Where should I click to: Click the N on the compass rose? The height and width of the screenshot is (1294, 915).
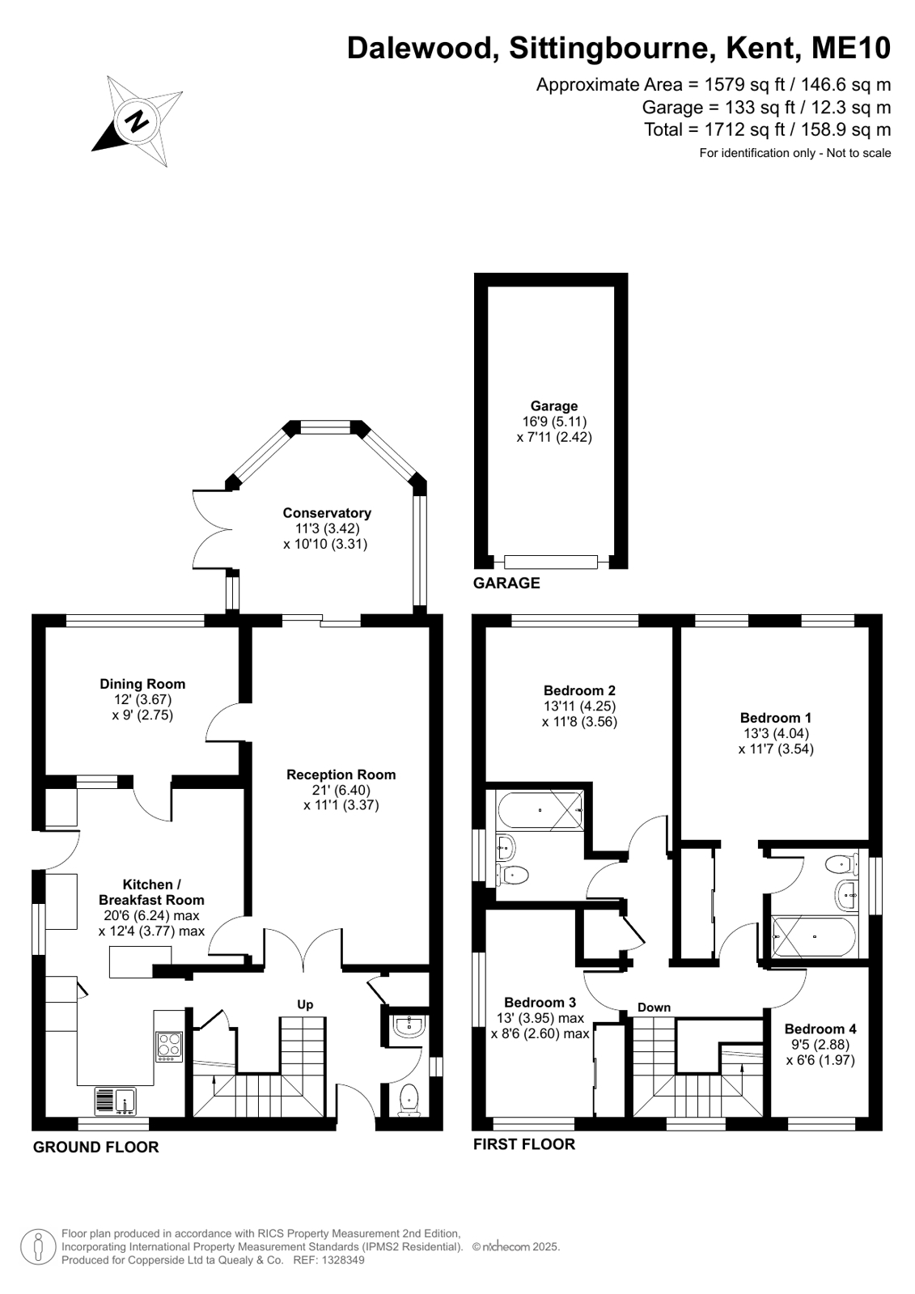click(x=138, y=121)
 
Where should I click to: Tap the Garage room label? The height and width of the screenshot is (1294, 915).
click(x=554, y=406)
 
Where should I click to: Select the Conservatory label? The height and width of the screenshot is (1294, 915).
click(x=327, y=512)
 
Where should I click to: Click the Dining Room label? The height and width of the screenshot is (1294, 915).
click(x=142, y=684)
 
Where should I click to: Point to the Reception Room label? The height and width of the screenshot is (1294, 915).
click(x=341, y=774)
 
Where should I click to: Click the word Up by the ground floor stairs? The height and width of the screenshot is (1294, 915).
click(x=305, y=1004)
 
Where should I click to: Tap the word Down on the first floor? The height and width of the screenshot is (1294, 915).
click(x=654, y=1007)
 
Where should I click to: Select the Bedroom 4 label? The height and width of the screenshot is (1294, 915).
click(x=820, y=1029)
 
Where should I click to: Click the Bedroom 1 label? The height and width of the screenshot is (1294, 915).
click(x=776, y=718)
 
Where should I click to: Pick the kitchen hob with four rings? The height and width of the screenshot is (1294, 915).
click(x=169, y=1046)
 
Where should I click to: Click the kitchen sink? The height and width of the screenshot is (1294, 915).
click(x=115, y=1101)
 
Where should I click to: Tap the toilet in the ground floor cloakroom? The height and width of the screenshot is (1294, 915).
click(x=409, y=1100)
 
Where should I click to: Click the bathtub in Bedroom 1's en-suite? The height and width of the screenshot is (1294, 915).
click(x=814, y=936)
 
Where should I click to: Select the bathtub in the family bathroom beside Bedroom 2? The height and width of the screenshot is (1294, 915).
click(x=540, y=811)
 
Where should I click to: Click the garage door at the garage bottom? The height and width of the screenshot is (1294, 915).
click(x=550, y=562)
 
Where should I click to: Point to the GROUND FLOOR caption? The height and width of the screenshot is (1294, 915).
click(x=96, y=1147)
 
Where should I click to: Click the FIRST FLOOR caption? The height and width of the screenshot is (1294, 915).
click(x=524, y=1143)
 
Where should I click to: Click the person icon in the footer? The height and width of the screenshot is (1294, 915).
click(x=39, y=1247)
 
